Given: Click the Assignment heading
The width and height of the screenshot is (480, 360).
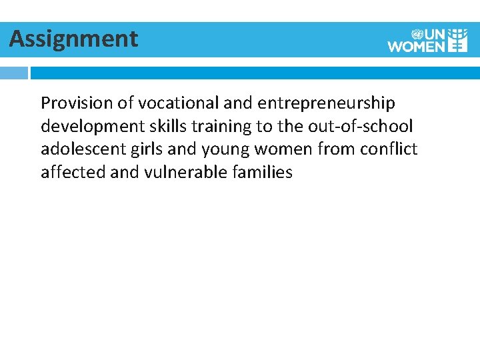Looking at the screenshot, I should [73, 39].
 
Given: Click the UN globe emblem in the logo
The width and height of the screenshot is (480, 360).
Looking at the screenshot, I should [417, 33].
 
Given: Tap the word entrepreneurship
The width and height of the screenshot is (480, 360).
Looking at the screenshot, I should [326, 103].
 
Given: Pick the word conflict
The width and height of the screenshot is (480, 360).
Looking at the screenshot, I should [390, 149].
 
